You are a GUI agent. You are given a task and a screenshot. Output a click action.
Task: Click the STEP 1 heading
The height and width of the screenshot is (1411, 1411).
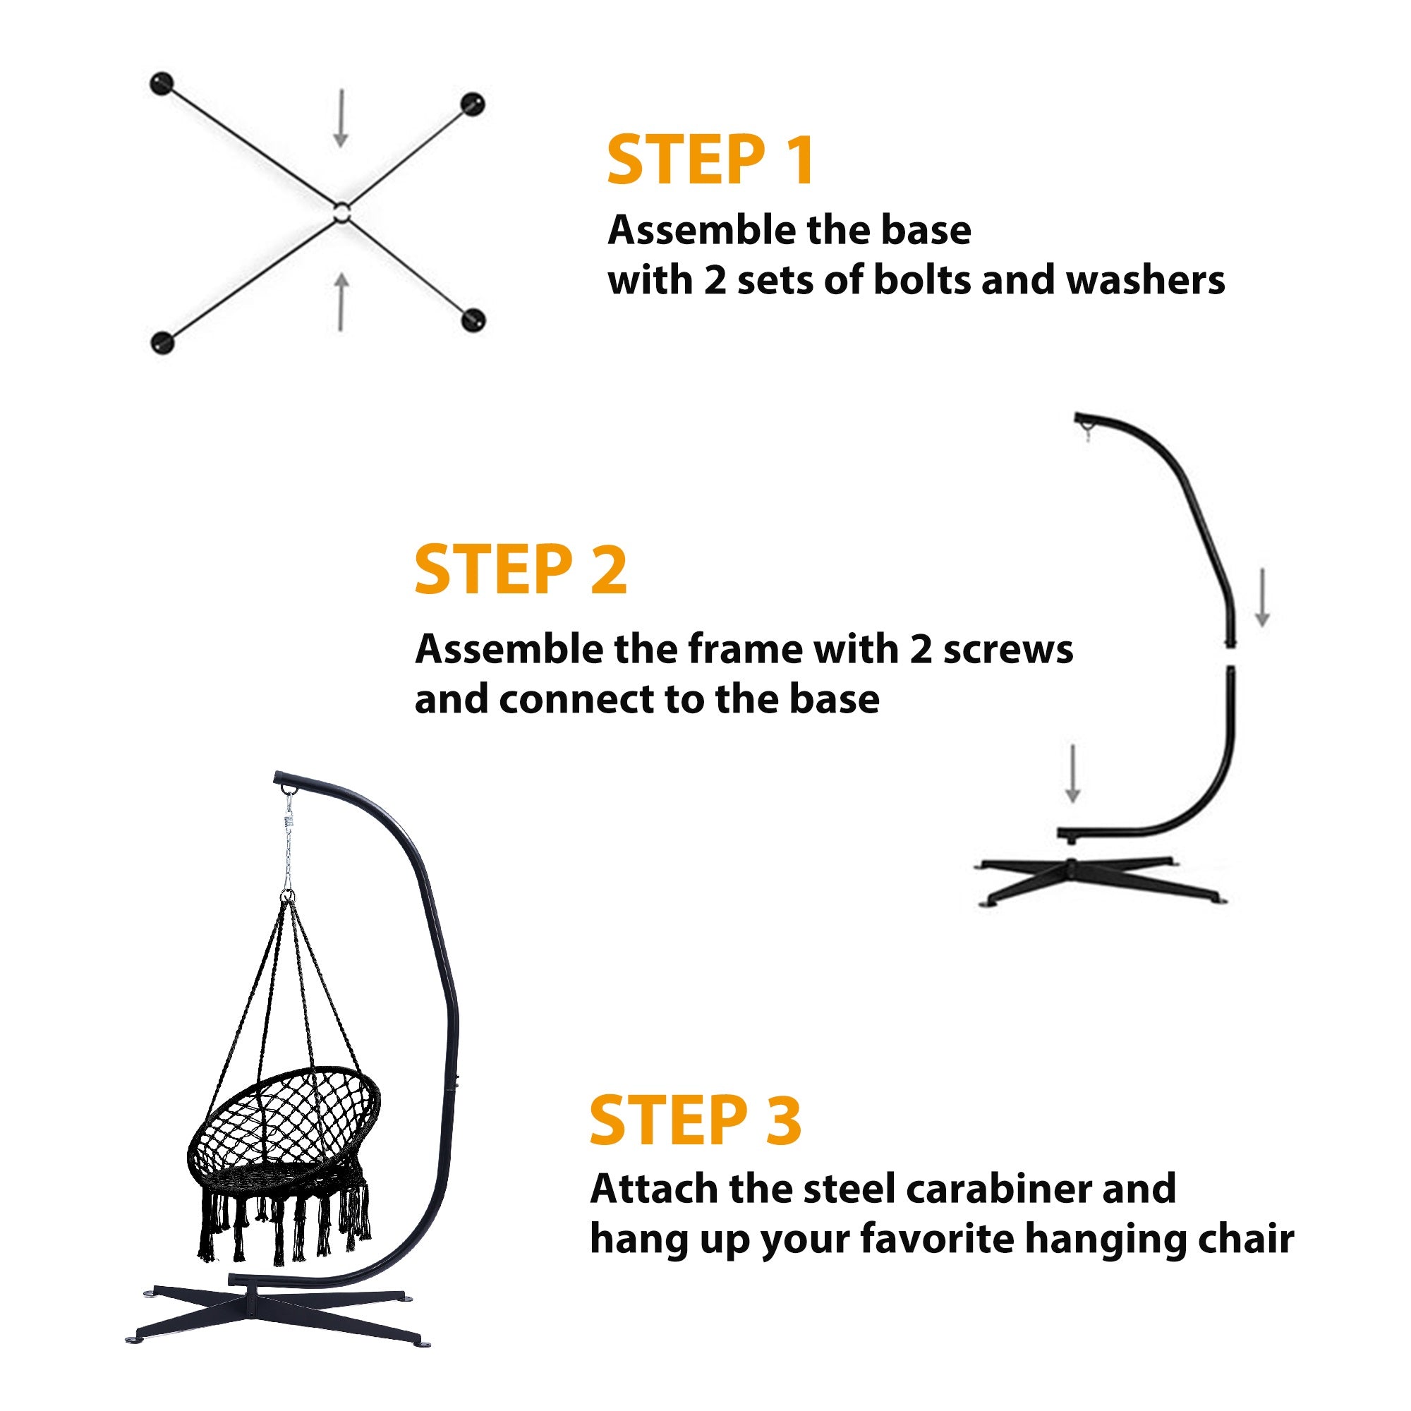pos(710,159)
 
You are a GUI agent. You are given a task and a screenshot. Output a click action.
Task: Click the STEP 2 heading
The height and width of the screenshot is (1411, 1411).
pos(521,569)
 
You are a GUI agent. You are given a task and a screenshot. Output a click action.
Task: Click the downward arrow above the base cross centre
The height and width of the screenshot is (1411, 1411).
pos(340,119)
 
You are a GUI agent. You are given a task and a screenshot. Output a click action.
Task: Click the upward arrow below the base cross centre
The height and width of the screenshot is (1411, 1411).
pos(341,303)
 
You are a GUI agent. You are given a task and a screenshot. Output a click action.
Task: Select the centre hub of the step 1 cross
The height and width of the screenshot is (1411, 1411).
pos(341,213)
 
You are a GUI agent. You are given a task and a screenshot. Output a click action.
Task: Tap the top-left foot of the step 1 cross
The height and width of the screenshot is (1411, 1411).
pos(162,84)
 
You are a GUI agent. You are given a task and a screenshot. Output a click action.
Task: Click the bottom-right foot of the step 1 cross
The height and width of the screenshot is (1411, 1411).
pos(474,320)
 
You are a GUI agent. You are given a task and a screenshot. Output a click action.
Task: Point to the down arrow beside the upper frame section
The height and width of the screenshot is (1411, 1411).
pos(1262,598)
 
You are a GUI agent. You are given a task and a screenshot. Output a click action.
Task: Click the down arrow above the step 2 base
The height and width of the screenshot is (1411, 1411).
pos(1072,774)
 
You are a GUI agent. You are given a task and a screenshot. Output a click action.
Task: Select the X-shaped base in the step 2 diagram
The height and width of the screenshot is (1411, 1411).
pos(1101,881)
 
